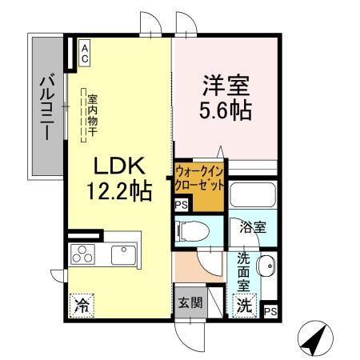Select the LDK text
click(x=119, y=167)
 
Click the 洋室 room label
click(x=225, y=84)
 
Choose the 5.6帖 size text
click(x=225, y=110)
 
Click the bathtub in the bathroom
click(x=253, y=196)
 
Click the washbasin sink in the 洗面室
click(x=268, y=266)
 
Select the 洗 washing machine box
click(x=244, y=304)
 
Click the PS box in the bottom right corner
click(x=270, y=310)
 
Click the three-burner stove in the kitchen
click(x=83, y=255)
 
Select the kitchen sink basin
click(x=122, y=255)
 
